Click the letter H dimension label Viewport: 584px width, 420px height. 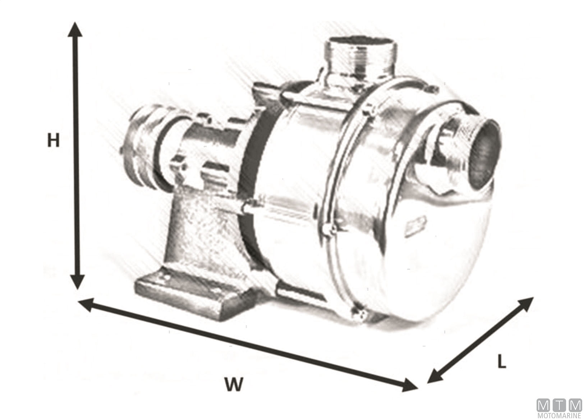coord(54,140)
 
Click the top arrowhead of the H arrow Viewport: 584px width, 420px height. coord(75,29)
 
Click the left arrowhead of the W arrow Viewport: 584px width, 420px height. coord(86,305)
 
